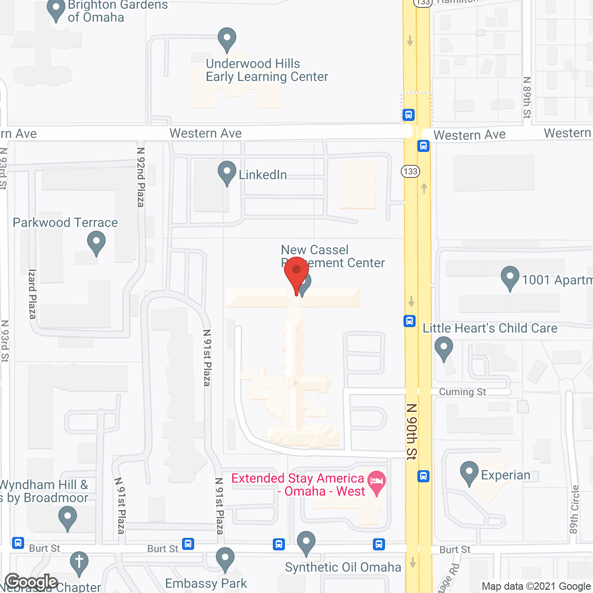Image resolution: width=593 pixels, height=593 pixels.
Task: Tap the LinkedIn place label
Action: click(263, 175)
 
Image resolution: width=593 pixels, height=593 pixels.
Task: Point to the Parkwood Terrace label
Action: click(65, 222)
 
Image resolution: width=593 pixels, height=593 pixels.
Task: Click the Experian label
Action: click(505, 475)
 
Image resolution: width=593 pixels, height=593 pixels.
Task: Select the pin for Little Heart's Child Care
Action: click(444, 348)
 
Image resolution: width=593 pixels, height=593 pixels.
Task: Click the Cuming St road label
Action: click(462, 392)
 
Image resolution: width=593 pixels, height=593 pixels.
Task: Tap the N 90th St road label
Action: click(411, 431)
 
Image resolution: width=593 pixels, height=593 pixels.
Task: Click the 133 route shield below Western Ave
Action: click(410, 171)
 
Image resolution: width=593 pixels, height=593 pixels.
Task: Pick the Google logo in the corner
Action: click(31, 582)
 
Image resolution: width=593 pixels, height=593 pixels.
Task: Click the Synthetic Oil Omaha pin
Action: click(306, 543)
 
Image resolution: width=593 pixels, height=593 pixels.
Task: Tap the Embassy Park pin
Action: click(225, 559)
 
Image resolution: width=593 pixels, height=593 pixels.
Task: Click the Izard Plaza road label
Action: click(32, 294)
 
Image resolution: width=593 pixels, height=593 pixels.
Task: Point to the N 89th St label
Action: click(527, 98)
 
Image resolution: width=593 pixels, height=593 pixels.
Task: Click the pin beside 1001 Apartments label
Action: click(510, 278)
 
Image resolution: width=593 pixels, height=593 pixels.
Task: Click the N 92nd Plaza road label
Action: click(141, 177)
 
